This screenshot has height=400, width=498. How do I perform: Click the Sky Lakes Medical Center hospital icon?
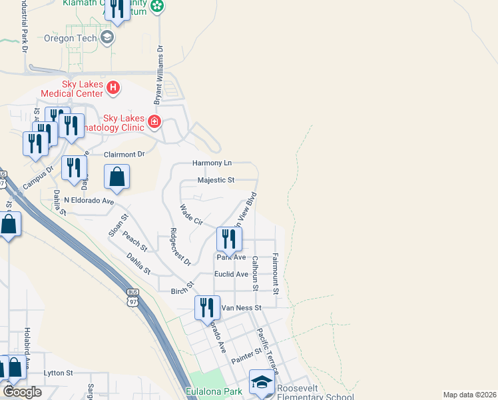[x=114, y=87]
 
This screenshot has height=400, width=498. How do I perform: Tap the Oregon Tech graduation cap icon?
[x=107, y=37]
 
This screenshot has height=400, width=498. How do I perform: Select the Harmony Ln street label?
[x=212, y=163]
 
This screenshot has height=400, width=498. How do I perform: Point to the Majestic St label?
[x=216, y=180]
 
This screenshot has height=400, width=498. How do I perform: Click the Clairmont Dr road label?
[x=124, y=154]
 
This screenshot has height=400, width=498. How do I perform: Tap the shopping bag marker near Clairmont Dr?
[x=117, y=177]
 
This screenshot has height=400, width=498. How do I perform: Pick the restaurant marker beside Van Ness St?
[x=207, y=307]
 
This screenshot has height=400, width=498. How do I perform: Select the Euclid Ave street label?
[x=232, y=274]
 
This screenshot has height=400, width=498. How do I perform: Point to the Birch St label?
[x=182, y=290]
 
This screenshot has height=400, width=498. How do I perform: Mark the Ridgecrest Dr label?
[x=180, y=246]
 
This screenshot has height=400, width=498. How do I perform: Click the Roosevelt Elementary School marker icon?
[x=262, y=383]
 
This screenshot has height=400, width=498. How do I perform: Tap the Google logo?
[x=23, y=392]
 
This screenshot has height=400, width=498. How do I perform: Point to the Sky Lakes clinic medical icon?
[x=154, y=121]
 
